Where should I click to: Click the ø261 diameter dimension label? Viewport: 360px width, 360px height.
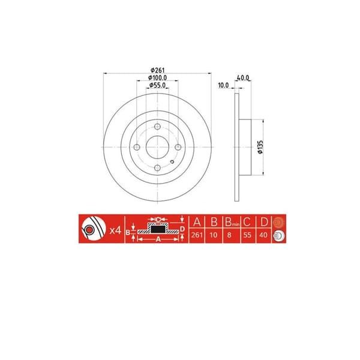(x=157, y=71)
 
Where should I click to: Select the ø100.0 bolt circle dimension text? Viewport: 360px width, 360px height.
(x=157, y=78)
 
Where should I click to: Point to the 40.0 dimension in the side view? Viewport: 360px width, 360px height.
(x=243, y=77)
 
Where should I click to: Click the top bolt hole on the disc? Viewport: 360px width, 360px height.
(x=157, y=127)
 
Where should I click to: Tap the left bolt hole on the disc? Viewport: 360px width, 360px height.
(x=136, y=148)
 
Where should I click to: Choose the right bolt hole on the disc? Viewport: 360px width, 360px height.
(x=178, y=148)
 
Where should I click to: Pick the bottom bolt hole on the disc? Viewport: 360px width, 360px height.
(x=157, y=169)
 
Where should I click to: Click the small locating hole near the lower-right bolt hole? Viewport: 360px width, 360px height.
(x=172, y=161)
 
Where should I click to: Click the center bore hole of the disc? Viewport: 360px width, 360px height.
(x=157, y=148)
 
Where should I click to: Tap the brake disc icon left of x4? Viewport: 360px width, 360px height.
(x=89, y=229)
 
